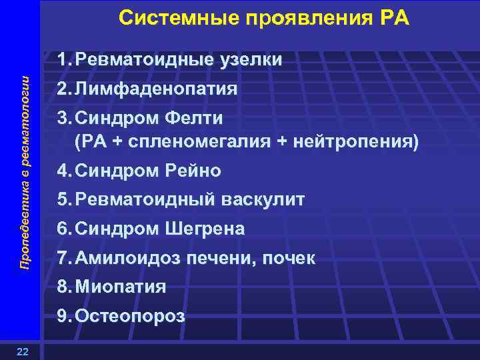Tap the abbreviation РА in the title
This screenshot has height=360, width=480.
[x=393, y=18]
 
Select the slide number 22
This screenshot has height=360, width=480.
[x=22, y=352]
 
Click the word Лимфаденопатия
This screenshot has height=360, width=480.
[x=157, y=89]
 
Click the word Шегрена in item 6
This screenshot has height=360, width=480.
[x=205, y=229]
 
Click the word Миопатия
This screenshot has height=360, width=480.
[x=121, y=287]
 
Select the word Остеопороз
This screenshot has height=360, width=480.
[x=130, y=317]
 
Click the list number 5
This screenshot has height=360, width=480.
[x=63, y=199]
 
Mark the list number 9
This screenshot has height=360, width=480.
[x=63, y=317]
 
